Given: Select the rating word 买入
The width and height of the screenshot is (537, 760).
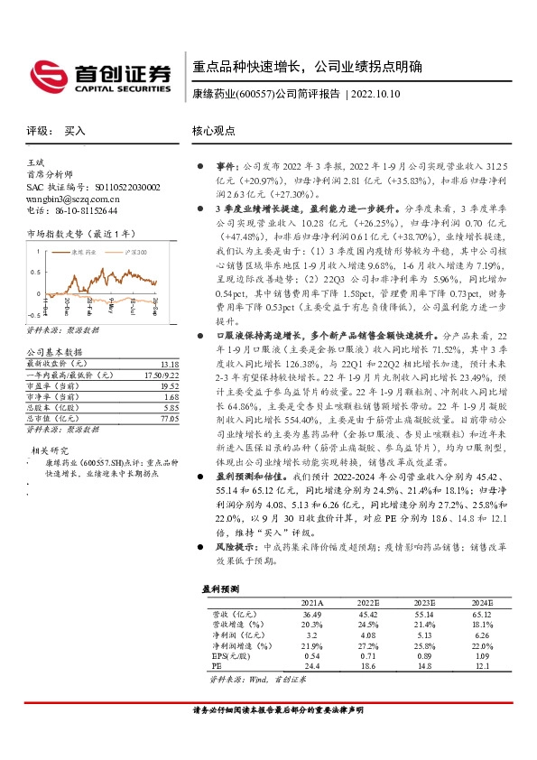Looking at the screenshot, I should point(75,131).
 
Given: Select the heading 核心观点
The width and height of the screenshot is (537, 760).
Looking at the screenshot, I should point(213,131).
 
